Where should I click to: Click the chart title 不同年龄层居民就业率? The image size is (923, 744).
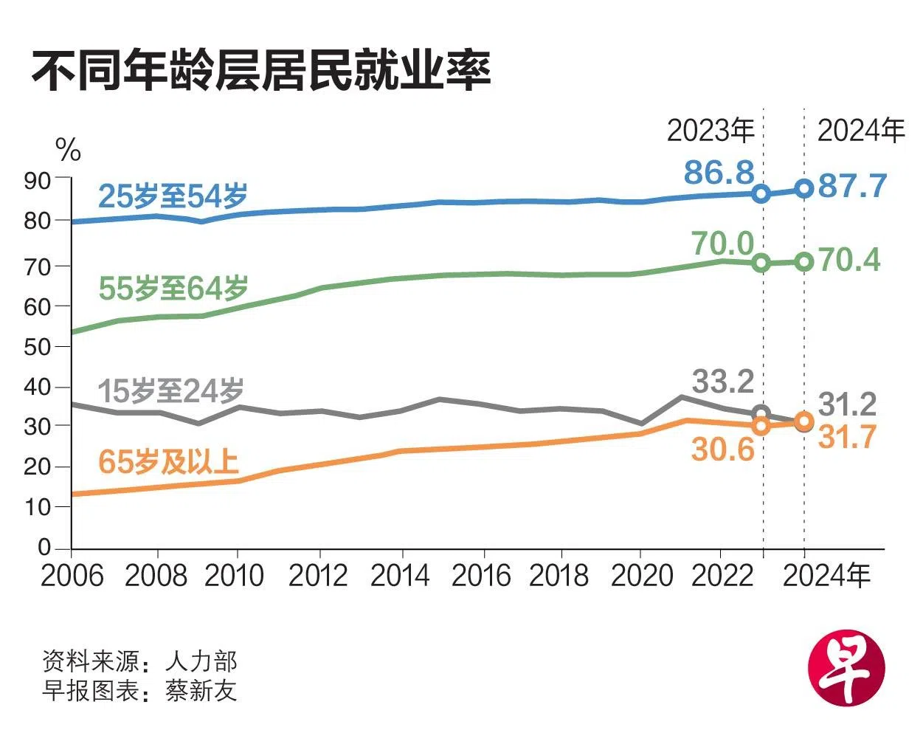pyautogui.click(x=260, y=72)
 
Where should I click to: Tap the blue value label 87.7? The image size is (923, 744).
pyautogui.click(x=852, y=186)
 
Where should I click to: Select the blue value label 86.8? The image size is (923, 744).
pyautogui.click(x=719, y=173)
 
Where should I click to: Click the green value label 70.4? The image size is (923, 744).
pyautogui.click(x=850, y=260)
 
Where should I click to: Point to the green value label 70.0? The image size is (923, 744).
pyautogui.click(x=723, y=244)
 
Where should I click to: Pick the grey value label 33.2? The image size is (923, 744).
pyautogui.click(x=723, y=382)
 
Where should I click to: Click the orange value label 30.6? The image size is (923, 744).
pyautogui.click(x=723, y=449)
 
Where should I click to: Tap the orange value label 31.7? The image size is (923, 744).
pyautogui.click(x=848, y=437)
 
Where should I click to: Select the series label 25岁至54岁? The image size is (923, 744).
pyautogui.click(x=173, y=196)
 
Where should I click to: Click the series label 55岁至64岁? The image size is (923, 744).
pyautogui.click(x=173, y=289)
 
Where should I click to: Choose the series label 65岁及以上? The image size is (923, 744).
pyautogui.click(x=169, y=462)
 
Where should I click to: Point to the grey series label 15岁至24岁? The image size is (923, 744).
pyautogui.click(x=171, y=390)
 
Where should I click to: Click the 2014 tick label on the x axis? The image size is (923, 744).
pyautogui.click(x=400, y=576)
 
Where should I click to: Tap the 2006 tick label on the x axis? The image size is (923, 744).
pyautogui.click(x=72, y=576)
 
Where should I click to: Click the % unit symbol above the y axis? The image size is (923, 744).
pyautogui.click(x=68, y=151)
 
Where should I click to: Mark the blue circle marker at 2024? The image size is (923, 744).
pyautogui.click(x=804, y=189)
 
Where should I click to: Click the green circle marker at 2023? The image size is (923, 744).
pyautogui.click(x=762, y=263)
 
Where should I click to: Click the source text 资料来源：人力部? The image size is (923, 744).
pyautogui.click(x=139, y=661)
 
